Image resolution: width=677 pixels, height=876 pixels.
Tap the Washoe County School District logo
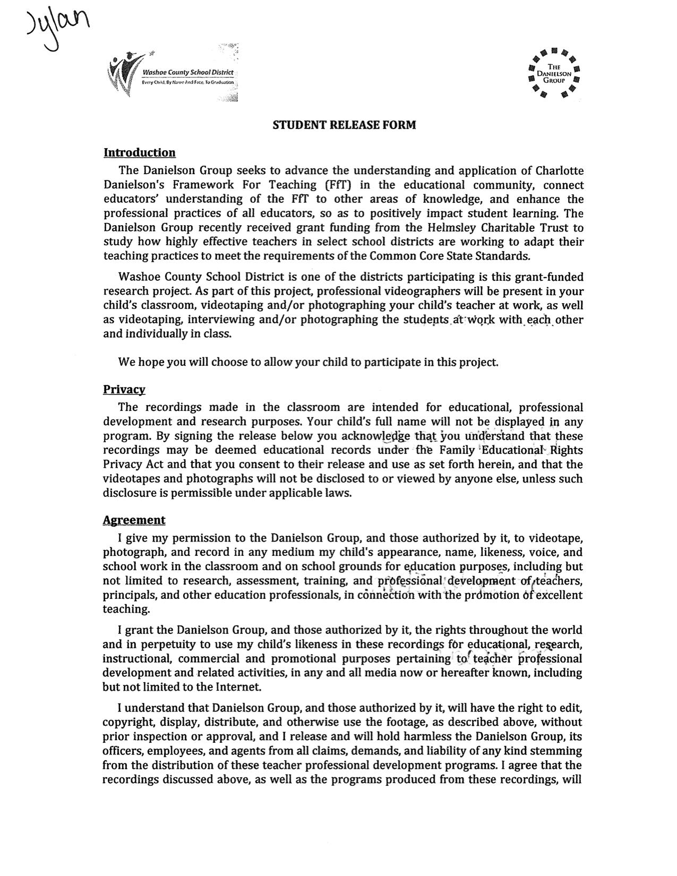pos(173,73)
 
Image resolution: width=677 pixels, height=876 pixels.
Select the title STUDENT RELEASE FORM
pos(344,125)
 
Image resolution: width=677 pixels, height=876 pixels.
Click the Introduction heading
pos(139,153)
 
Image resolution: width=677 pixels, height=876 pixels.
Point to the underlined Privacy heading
pos(124,390)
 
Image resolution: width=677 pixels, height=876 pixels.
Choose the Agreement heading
pos(134,520)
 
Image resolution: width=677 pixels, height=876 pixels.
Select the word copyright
pos(127,723)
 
